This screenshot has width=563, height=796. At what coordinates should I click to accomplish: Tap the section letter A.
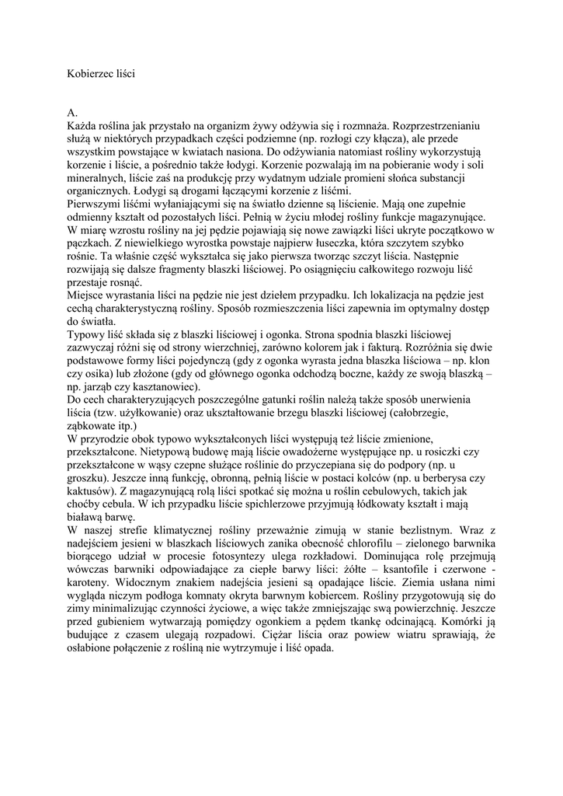pyautogui.click(x=72, y=113)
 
